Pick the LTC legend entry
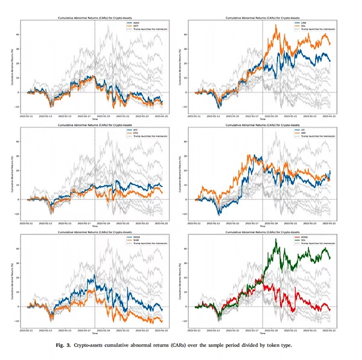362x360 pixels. (x=204, y=130)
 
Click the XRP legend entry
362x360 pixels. (x=204, y=132)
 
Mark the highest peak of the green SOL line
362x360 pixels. (x=276, y=239)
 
